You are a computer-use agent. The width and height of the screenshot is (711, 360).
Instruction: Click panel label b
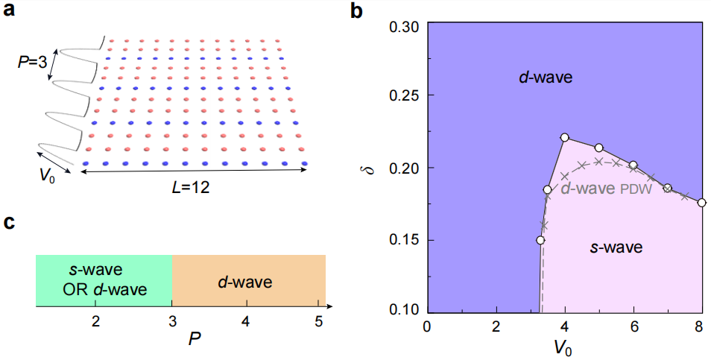356,10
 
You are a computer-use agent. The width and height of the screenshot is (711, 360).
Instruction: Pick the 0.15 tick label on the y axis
404,240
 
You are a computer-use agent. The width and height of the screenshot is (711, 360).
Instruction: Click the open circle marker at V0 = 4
565,137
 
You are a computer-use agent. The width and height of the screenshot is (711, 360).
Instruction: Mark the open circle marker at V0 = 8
702,202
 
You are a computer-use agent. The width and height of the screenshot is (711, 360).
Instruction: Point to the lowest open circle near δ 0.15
540,240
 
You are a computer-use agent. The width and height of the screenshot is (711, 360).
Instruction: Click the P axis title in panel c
192,336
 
